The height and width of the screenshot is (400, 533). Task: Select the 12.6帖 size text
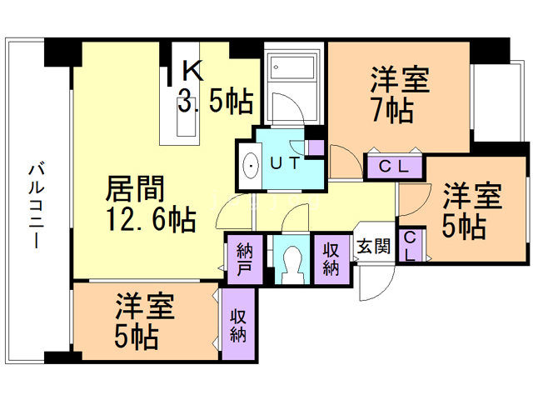(150, 220)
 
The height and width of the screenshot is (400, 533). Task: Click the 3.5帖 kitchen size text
(216, 102)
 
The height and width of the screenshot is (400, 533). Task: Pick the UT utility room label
(284, 163)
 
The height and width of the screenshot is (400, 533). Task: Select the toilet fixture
(291, 261)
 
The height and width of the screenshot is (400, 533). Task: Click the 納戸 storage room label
(243, 259)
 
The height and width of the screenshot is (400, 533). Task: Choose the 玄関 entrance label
(373, 246)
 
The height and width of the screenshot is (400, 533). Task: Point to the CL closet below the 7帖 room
(394, 167)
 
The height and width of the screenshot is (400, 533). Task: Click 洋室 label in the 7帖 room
(400, 81)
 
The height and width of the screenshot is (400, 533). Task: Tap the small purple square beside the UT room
(315, 148)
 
